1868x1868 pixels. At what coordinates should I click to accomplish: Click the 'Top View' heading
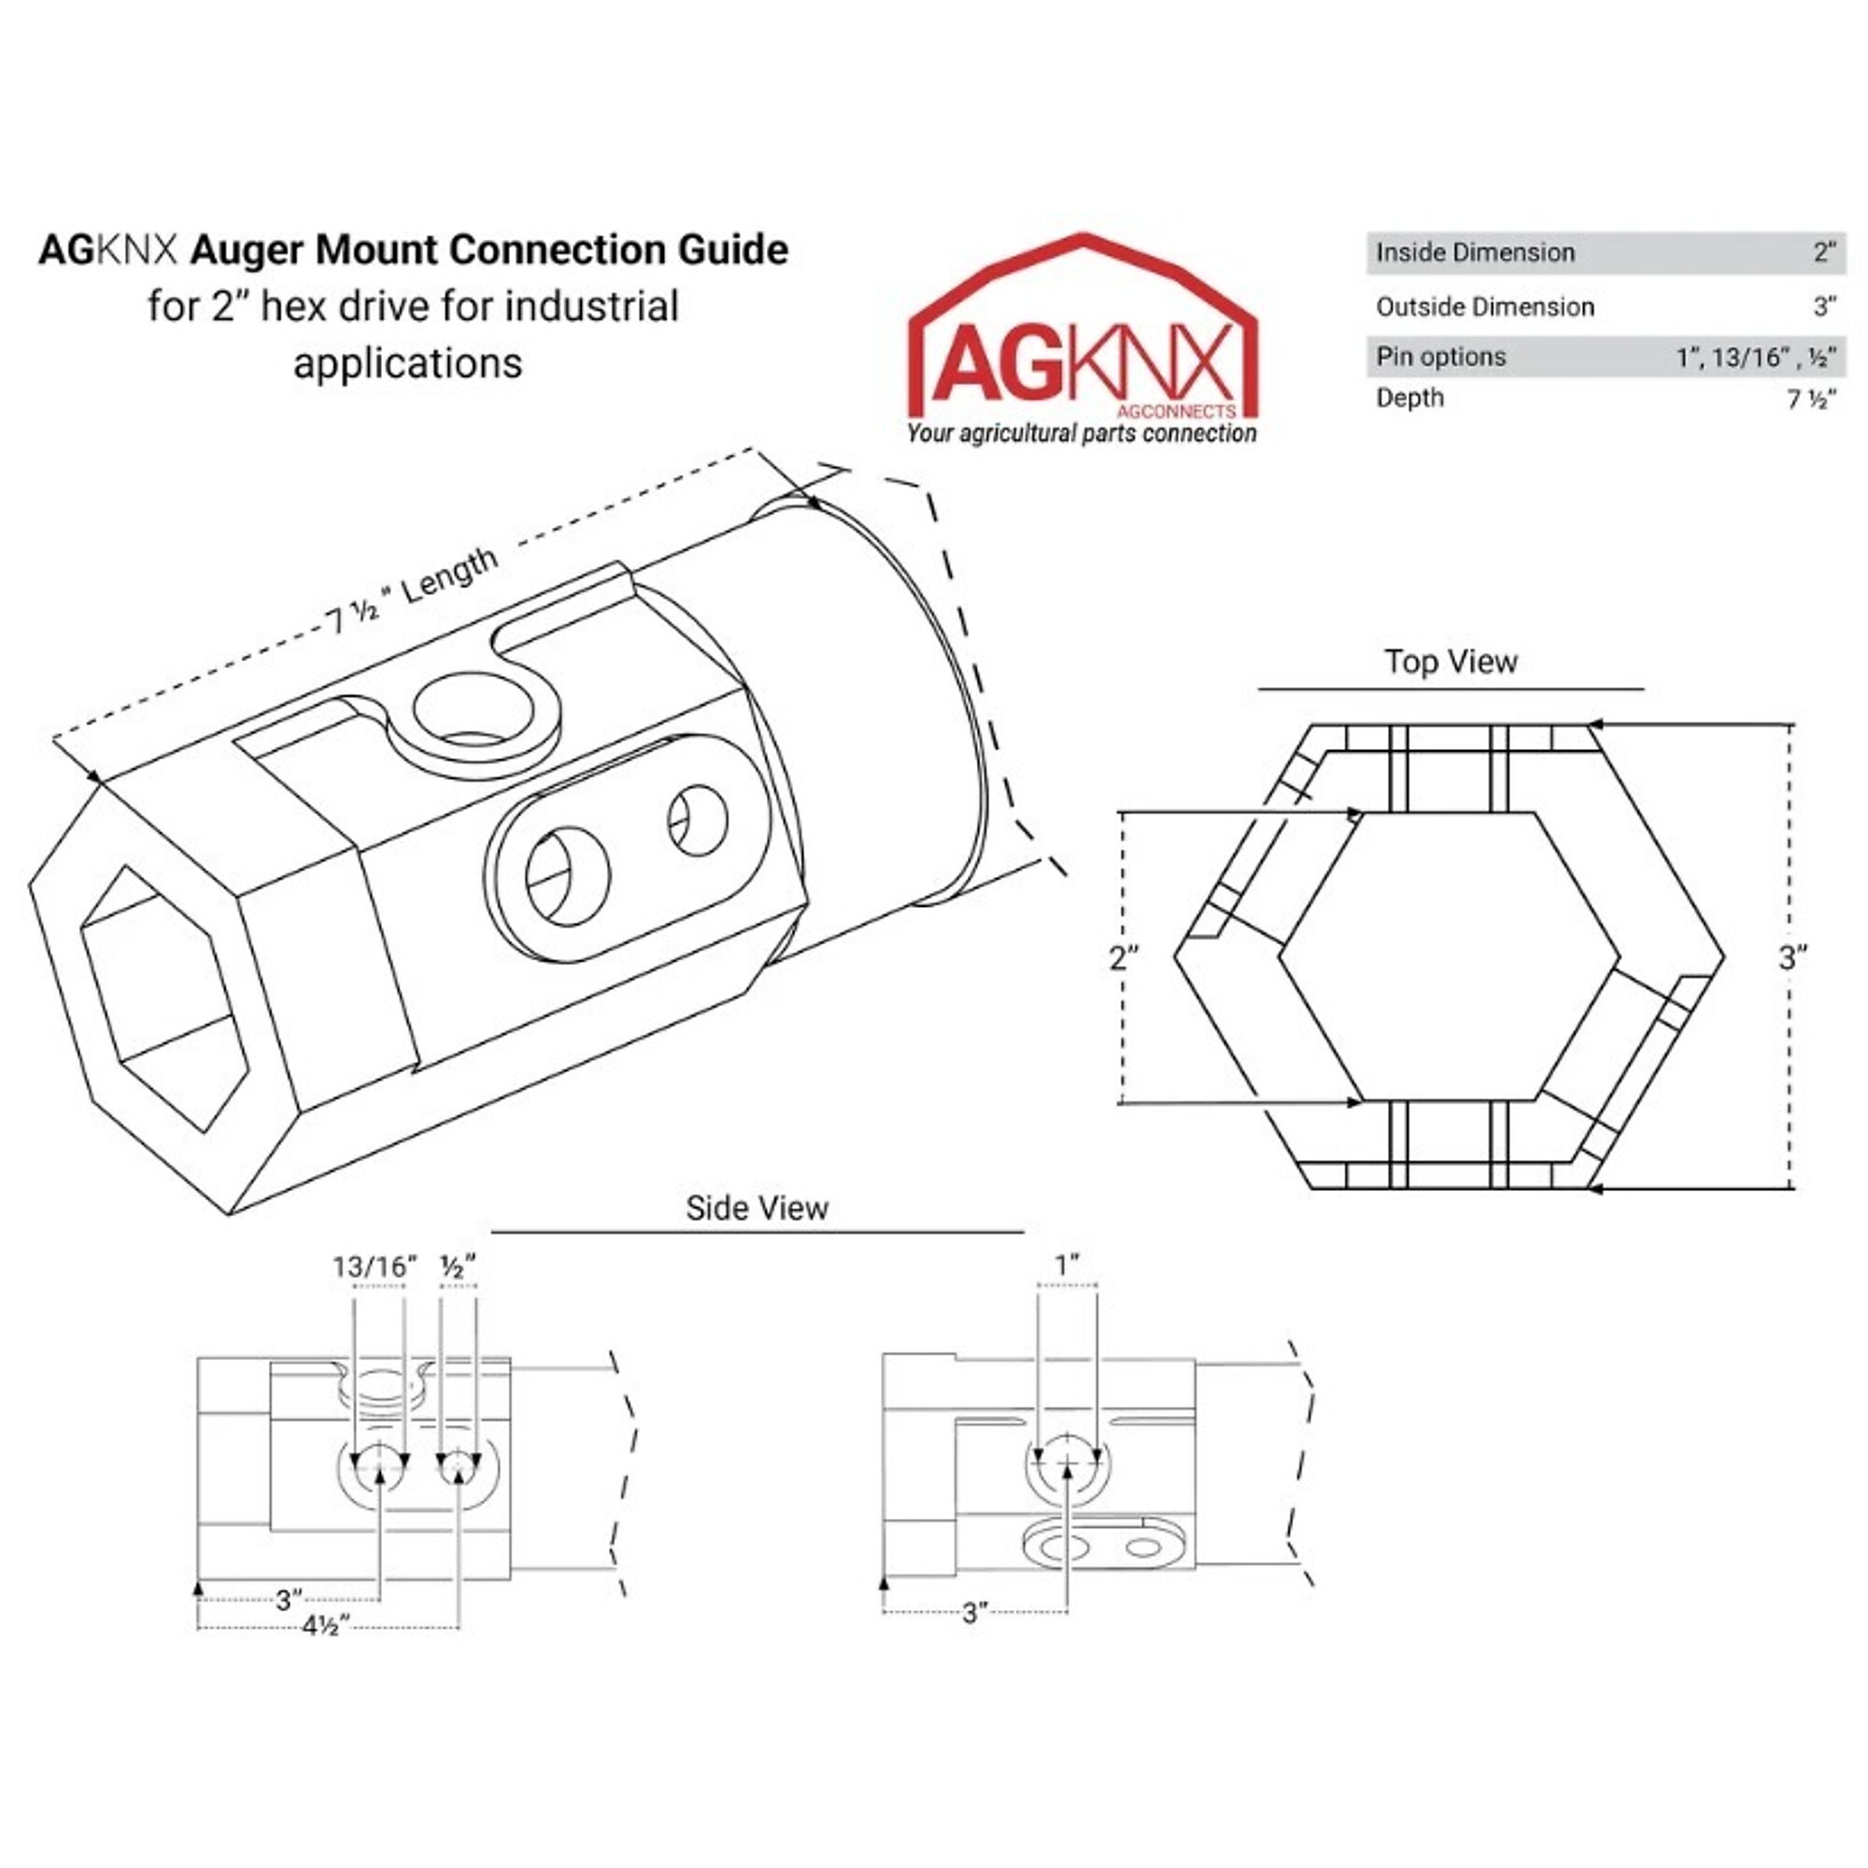pyautogui.click(x=1451, y=662)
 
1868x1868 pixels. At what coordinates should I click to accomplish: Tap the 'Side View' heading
pyautogui.click(x=757, y=1209)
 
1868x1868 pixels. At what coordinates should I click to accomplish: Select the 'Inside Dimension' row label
pyautogui.click(x=1476, y=253)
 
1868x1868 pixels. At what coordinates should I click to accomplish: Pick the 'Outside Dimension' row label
pyautogui.click(x=1485, y=307)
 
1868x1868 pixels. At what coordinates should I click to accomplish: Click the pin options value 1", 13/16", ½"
pyautogui.click(x=1756, y=358)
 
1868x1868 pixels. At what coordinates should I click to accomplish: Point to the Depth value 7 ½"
pyautogui.click(x=1811, y=400)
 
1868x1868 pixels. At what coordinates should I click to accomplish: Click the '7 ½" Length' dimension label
pyautogui.click(x=412, y=592)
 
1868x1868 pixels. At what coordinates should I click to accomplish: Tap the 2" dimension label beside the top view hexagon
pyautogui.click(x=1124, y=958)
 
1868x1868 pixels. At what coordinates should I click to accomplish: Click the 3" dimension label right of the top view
pyautogui.click(x=1793, y=957)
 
